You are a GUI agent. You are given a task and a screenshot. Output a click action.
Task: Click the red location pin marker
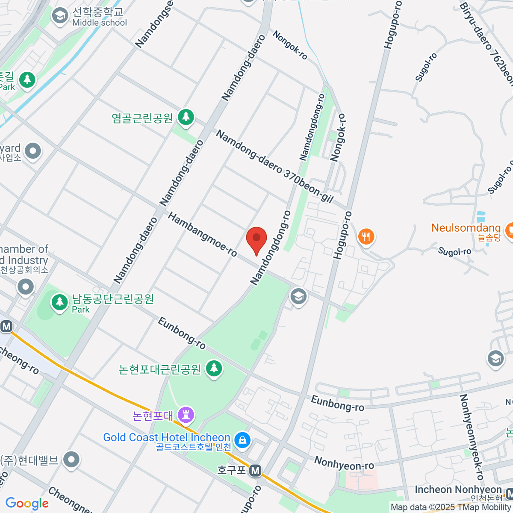click(256, 239)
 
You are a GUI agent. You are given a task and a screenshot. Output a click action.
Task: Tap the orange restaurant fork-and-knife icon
click(366, 236)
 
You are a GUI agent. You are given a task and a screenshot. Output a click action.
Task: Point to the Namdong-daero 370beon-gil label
click(274, 166)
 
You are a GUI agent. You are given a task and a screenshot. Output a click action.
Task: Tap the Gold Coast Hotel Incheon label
click(167, 438)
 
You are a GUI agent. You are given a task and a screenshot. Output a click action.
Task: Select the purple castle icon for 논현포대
click(186, 414)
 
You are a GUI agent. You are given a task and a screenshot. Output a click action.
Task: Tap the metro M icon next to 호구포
click(255, 471)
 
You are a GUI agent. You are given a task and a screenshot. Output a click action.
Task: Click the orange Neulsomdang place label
click(466, 228)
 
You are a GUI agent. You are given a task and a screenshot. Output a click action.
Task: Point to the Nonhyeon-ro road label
click(344, 463)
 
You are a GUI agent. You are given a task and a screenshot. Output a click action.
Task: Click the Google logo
click(27, 503)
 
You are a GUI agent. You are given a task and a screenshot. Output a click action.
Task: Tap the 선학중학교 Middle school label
click(99, 17)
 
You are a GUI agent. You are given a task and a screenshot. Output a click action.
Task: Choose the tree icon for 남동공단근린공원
click(59, 301)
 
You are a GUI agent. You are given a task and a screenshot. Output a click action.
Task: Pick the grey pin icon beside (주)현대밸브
click(71, 460)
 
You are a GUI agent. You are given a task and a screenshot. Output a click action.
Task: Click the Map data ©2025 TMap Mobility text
click(451, 507)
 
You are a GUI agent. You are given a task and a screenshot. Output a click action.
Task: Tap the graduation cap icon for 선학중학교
click(60, 16)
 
